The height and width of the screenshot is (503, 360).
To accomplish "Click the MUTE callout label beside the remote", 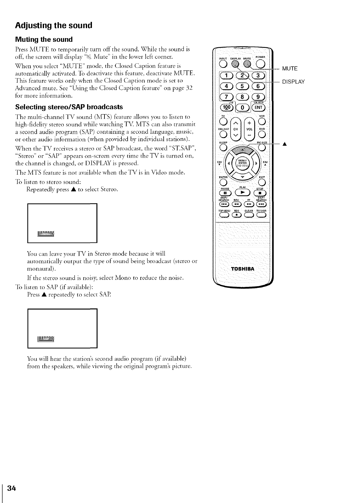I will (x=290, y=69).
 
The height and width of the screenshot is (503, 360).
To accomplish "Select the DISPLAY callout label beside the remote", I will (x=293, y=82).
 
